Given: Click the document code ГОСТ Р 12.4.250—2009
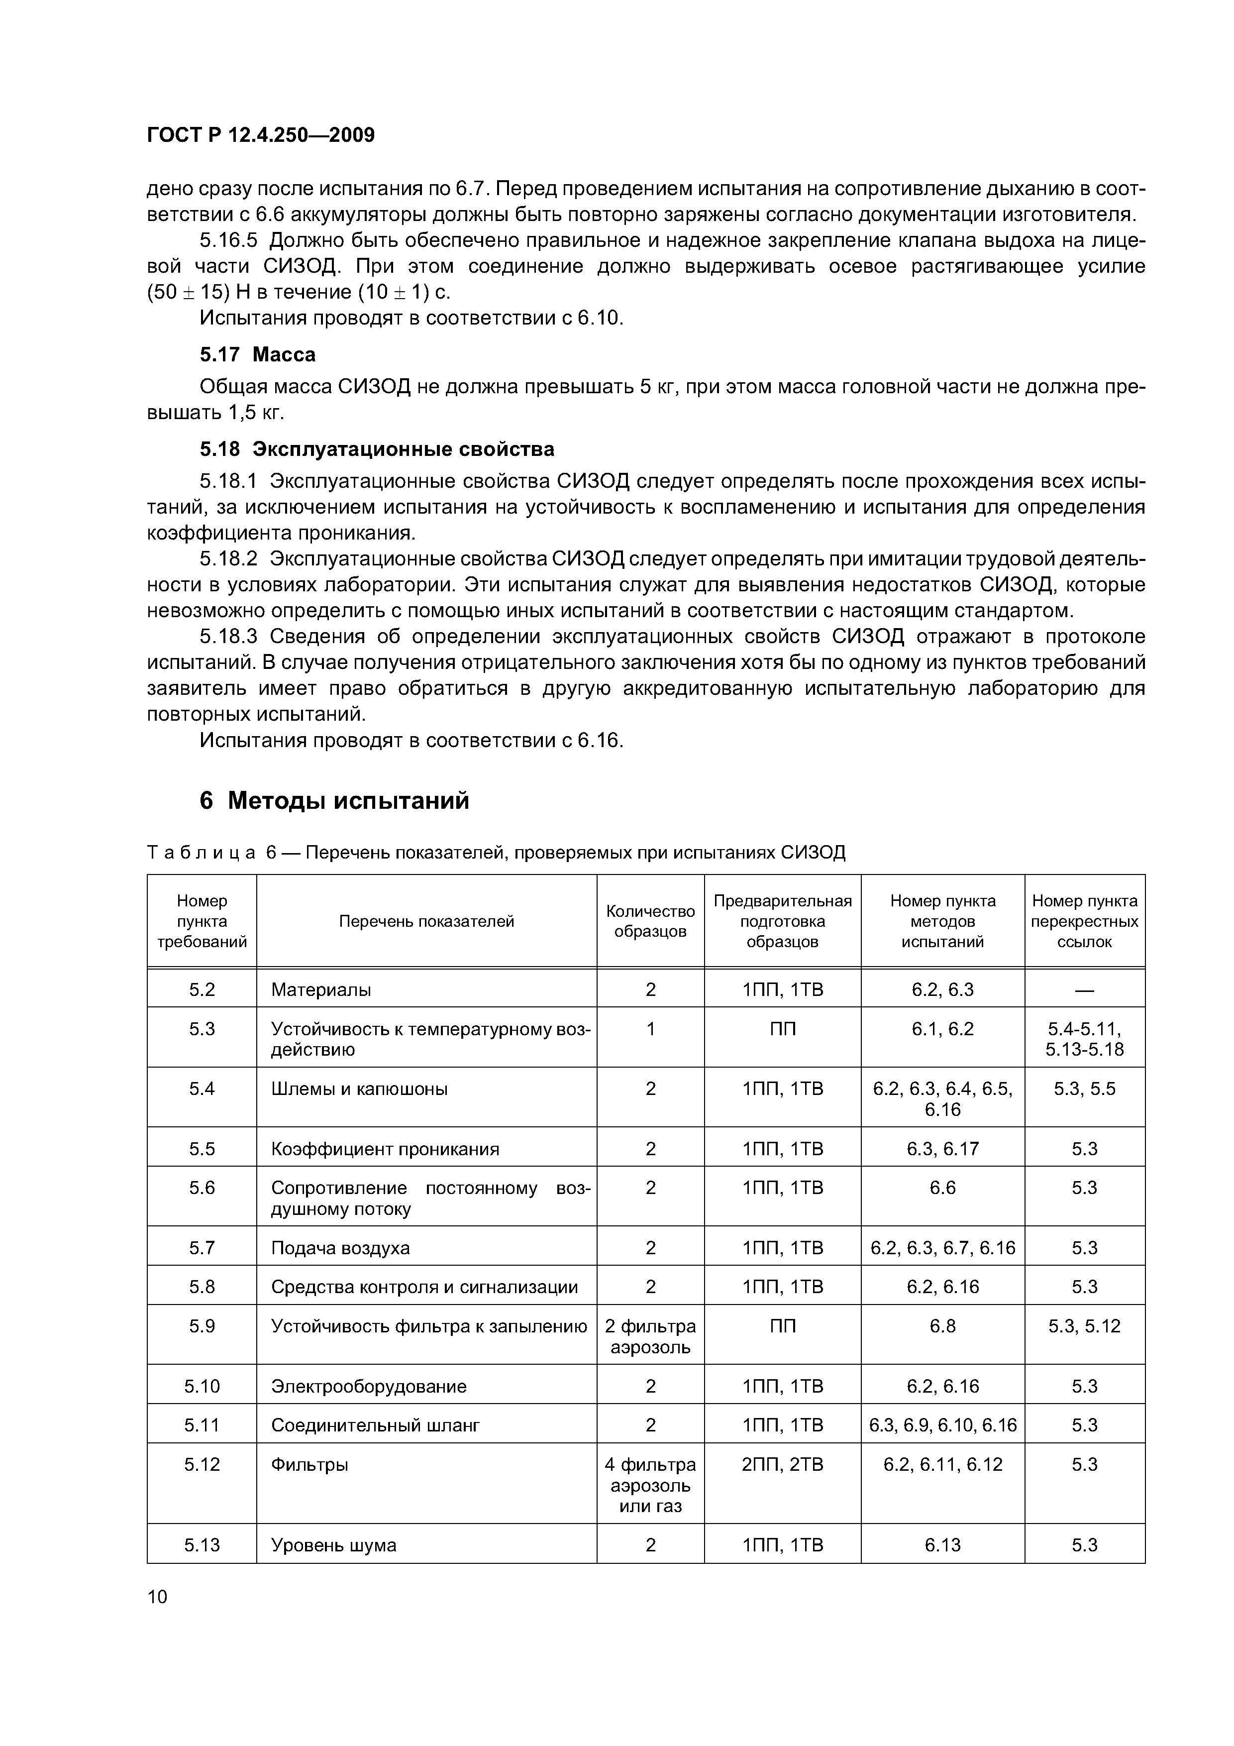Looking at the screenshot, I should (261, 135).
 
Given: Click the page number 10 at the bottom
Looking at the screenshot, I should (157, 1596).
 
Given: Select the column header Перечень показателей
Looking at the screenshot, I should (426, 921).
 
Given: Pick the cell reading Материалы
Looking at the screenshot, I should (321, 989).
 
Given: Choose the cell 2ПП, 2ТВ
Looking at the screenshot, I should (782, 1464).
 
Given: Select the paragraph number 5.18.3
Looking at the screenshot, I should (229, 637).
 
